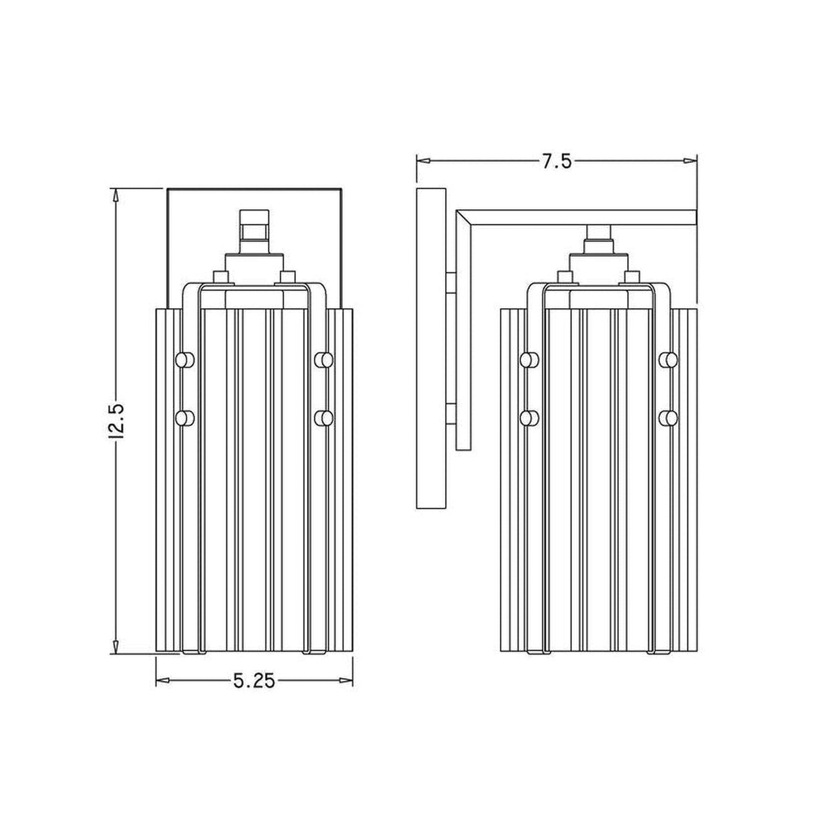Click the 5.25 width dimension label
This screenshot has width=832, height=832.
pyautogui.click(x=254, y=682)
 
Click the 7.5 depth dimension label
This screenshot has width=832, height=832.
pyautogui.click(x=556, y=162)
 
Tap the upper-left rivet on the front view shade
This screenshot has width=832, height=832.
pyautogui.click(x=184, y=360)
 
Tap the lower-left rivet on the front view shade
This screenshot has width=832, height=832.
pyautogui.click(x=184, y=417)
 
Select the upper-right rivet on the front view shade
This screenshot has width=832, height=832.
pyautogui.click(x=324, y=360)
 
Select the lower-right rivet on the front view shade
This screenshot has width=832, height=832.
pyautogui.click(x=324, y=417)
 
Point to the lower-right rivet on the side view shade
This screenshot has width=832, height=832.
pyautogui.click(x=668, y=417)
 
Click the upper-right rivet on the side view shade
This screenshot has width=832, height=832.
pyautogui.click(x=668, y=360)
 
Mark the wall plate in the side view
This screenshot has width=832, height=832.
pyautogui.click(x=431, y=348)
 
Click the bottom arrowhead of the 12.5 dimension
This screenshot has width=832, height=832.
pyautogui.click(x=116, y=648)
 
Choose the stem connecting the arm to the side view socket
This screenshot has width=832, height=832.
pyautogui.click(x=599, y=233)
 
